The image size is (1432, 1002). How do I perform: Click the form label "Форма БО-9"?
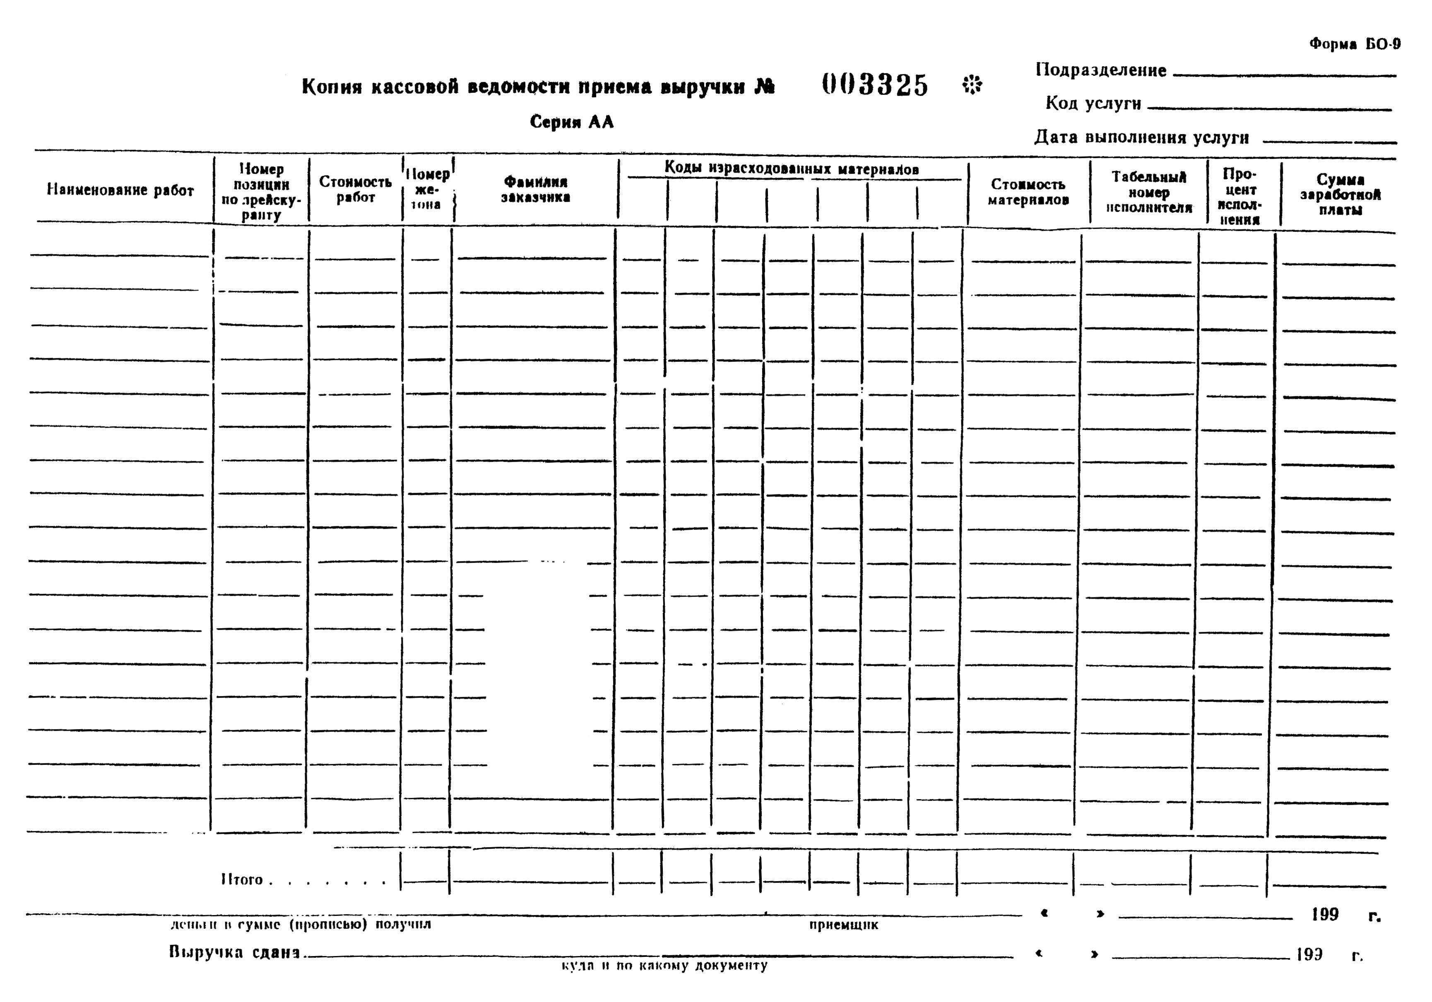coord(1354,44)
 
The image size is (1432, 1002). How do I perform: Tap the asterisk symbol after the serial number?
coord(972,84)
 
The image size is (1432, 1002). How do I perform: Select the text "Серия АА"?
coord(571,122)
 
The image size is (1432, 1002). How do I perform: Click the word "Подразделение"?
coord(1101,70)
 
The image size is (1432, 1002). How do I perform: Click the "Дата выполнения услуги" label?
coord(1141,137)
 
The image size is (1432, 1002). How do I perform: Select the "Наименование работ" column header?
coord(120,190)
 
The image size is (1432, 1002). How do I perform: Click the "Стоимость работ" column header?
coord(355,189)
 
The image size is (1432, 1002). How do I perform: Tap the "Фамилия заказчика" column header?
coord(535,189)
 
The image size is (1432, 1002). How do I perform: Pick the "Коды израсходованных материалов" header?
coord(791,169)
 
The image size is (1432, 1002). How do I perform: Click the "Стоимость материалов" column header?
coord(1028,192)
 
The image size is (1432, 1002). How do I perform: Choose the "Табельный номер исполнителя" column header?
coord(1148,192)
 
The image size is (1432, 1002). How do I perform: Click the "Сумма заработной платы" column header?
coord(1340,195)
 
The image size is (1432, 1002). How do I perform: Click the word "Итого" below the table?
coord(242,880)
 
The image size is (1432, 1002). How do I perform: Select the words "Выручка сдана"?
coord(234,953)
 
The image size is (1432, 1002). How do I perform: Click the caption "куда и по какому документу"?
coord(664,966)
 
